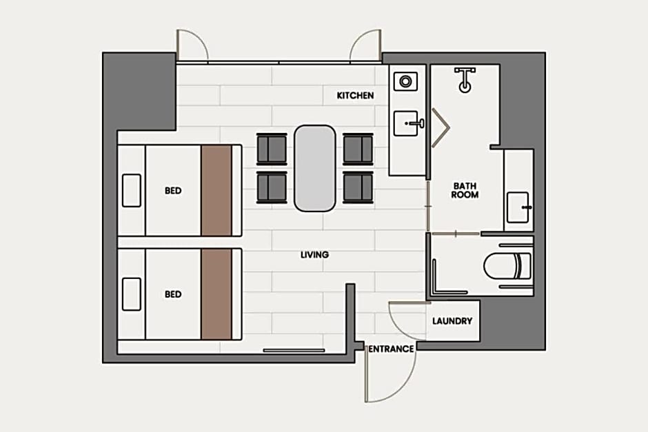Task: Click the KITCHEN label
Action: pyautogui.click(x=355, y=95)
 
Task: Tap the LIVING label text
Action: pyautogui.click(x=314, y=254)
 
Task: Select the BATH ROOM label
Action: pyautogui.click(x=465, y=190)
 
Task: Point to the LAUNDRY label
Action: pyautogui.click(x=452, y=321)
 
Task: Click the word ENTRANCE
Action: pyautogui.click(x=391, y=349)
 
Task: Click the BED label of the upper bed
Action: pyautogui.click(x=173, y=190)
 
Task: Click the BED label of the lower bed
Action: pyautogui.click(x=173, y=294)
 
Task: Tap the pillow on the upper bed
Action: pyautogui.click(x=132, y=190)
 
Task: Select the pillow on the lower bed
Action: pyautogui.click(x=132, y=294)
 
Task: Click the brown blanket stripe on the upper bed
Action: pyautogui.click(x=216, y=190)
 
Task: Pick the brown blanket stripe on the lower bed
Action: pyautogui.click(x=216, y=294)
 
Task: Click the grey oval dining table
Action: pyautogui.click(x=314, y=169)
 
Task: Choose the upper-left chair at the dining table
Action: pyautogui.click(x=272, y=148)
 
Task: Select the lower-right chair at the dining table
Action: pyautogui.click(x=358, y=188)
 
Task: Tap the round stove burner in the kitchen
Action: pyautogui.click(x=405, y=81)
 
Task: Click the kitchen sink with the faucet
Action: pyautogui.click(x=406, y=123)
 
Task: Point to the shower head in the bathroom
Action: pyautogui.click(x=465, y=80)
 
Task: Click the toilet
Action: pyautogui.click(x=507, y=265)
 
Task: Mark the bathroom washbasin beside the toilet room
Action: pyautogui.click(x=518, y=207)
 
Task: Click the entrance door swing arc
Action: pyautogui.click(x=406, y=386)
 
